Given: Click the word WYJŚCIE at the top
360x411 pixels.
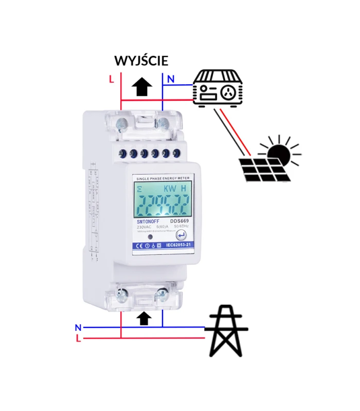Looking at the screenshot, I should [141, 60].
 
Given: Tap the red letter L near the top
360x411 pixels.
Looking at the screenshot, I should [111, 79].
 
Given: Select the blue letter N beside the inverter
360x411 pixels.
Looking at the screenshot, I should [171, 79].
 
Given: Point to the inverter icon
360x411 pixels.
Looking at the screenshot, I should [217, 88].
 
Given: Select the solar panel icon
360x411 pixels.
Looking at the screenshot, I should [265, 169].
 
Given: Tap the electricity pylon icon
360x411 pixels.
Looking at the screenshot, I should [226, 331].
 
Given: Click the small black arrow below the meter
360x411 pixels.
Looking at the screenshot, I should [145, 318].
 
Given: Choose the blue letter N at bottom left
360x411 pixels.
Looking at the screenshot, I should [78, 327].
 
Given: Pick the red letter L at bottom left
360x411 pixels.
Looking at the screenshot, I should [78, 339].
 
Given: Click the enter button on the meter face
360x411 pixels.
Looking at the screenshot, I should [181, 235].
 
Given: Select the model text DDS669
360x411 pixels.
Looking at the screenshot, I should [180, 221].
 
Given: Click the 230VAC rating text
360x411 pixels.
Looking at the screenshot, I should [145, 227].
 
